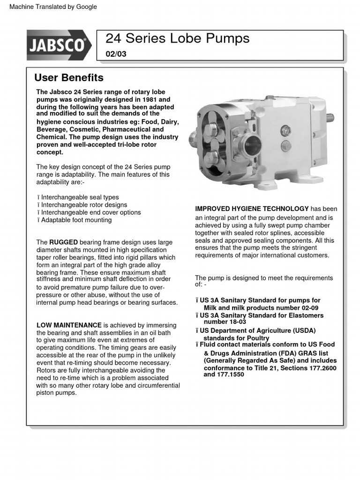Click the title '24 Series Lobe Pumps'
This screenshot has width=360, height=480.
pyautogui.click(x=177, y=38)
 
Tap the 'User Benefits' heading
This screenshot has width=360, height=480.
pyautogui.click(x=69, y=77)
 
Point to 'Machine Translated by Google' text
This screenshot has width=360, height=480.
pyautogui.click(x=53, y=7)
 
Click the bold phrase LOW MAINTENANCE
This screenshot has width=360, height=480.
pyautogui.click(x=69, y=325)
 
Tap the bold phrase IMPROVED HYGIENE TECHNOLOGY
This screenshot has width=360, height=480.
pyautogui.click(x=252, y=209)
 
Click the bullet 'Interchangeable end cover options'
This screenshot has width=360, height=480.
pyautogui.click(x=91, y=212)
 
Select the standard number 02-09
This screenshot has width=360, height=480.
pyautogui.click(x=309, y=307)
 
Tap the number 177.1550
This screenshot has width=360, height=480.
pyautogui.click(x=230, y=375)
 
